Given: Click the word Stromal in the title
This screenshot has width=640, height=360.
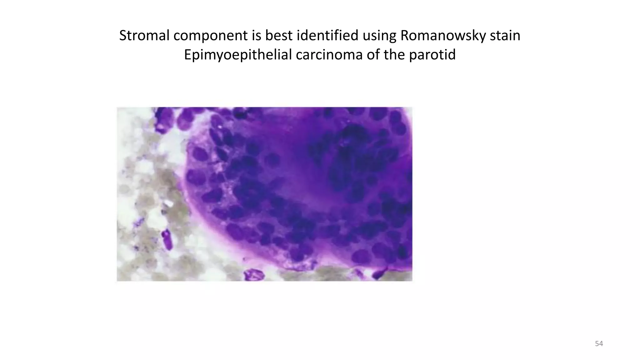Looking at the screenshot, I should pos(144,36).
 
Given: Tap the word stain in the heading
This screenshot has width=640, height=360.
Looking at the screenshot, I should pos(505,36).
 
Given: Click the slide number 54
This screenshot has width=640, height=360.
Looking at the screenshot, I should pos(599,344).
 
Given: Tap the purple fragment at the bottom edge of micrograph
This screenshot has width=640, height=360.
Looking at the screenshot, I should pos(254,275).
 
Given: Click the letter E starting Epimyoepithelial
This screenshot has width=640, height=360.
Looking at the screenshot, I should pos(187,55).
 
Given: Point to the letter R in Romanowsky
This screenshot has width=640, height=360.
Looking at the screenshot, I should pos(404,36).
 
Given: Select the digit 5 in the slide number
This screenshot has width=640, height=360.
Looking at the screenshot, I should pos(597,344).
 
